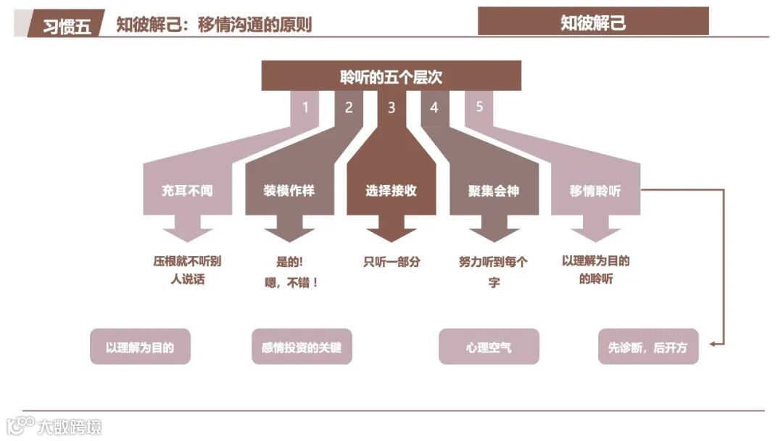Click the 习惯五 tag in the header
[67, 26]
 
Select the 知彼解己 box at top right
[593, 22]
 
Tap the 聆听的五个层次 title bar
[391, 76]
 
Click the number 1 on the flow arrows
[305, 107]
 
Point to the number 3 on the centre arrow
[391, 108]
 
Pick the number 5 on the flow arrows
[479, 107]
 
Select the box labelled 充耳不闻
[187, 191]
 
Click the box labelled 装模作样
[289, 191]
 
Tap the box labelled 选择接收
[391, 191]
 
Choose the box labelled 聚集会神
[494, 191]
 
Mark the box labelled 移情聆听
[595, 191]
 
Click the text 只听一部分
[391, 262]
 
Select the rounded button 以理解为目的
[140, 347]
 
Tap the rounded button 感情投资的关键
[302, 347]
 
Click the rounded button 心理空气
[489, 347]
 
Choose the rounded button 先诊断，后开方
[648, 347]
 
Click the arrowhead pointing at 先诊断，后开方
[713, 344]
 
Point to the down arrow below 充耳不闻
[187, 234]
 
